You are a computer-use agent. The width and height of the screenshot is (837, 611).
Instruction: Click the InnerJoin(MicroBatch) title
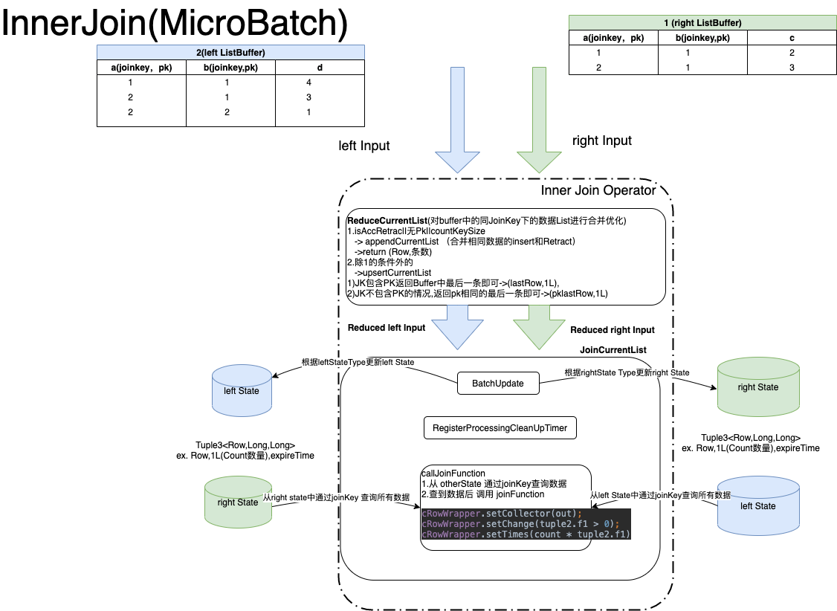click(x=175, y=24)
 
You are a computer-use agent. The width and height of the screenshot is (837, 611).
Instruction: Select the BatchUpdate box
click(x=497, y=384)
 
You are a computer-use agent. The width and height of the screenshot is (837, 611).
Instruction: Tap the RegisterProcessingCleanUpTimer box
click(x=500, y=428)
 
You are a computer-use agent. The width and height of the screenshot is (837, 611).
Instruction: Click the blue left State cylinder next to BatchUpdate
click(x=241, y=389)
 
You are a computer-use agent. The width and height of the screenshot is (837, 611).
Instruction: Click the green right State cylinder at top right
click(x=757, y=387)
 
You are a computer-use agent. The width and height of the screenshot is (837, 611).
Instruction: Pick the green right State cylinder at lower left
click(x=237, y=502)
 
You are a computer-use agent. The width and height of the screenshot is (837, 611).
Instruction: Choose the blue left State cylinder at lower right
click(x=757, y=505)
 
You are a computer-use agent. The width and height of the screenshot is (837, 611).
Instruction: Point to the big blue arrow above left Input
click(x=451, y=119)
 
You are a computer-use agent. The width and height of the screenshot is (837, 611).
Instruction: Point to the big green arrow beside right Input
click(x=532, y=119)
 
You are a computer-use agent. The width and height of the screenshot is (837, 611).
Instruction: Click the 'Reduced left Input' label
click(x=387, y=328)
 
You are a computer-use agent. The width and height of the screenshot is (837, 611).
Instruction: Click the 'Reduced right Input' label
click(x=613, y=330)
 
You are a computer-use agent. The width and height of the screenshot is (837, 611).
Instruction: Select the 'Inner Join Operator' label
click(x=598, y=190)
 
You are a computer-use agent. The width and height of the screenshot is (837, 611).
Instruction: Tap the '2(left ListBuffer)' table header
click(x=230, y=52)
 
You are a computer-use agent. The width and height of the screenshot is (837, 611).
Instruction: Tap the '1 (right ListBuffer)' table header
click(x=702, y=23)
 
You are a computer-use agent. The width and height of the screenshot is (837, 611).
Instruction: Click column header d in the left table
click(x=320, y=68)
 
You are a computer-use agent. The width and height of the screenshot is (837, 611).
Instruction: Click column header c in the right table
click(x=792, y=38)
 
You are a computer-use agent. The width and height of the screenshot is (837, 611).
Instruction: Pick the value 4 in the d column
click(x=320, y=83)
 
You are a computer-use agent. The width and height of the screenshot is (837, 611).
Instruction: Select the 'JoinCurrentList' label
click(x=613, y=349)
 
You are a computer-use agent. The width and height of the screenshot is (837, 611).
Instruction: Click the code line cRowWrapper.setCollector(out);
click(x=502, y=514)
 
